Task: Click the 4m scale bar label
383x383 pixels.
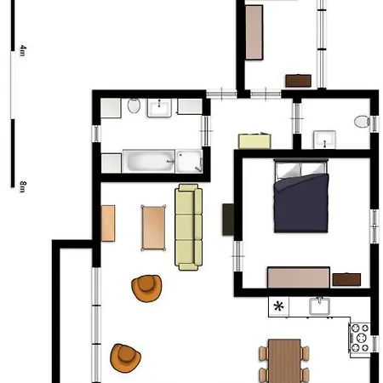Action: pos(23,50)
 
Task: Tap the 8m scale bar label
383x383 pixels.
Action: pos(23,186)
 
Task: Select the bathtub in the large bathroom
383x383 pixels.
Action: pos(148,161)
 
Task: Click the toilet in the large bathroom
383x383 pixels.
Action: pos(134,106)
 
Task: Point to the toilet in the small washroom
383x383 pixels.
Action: pos(362,122)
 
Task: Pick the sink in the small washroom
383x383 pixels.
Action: pos(324,140)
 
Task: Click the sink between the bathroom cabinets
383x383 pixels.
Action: pos(159,107)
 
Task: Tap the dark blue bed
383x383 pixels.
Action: pos(301,196)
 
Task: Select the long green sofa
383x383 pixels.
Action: pos(188,227)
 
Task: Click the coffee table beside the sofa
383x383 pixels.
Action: pos(153,228)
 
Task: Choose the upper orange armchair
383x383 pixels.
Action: pos(146,288)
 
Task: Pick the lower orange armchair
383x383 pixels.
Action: pos(125,357)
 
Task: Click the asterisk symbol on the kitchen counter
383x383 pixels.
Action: pos(278,306)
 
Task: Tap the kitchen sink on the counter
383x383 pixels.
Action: pos(319,306)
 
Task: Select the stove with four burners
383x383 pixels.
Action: pos(359,338)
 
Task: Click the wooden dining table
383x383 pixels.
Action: pos(284,361)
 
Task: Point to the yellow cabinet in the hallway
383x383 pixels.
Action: pos(254,140)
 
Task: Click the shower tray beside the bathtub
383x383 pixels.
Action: pos(189,161)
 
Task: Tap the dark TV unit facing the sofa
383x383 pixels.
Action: pos(228,220)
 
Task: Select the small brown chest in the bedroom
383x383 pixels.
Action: pos(346,279)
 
